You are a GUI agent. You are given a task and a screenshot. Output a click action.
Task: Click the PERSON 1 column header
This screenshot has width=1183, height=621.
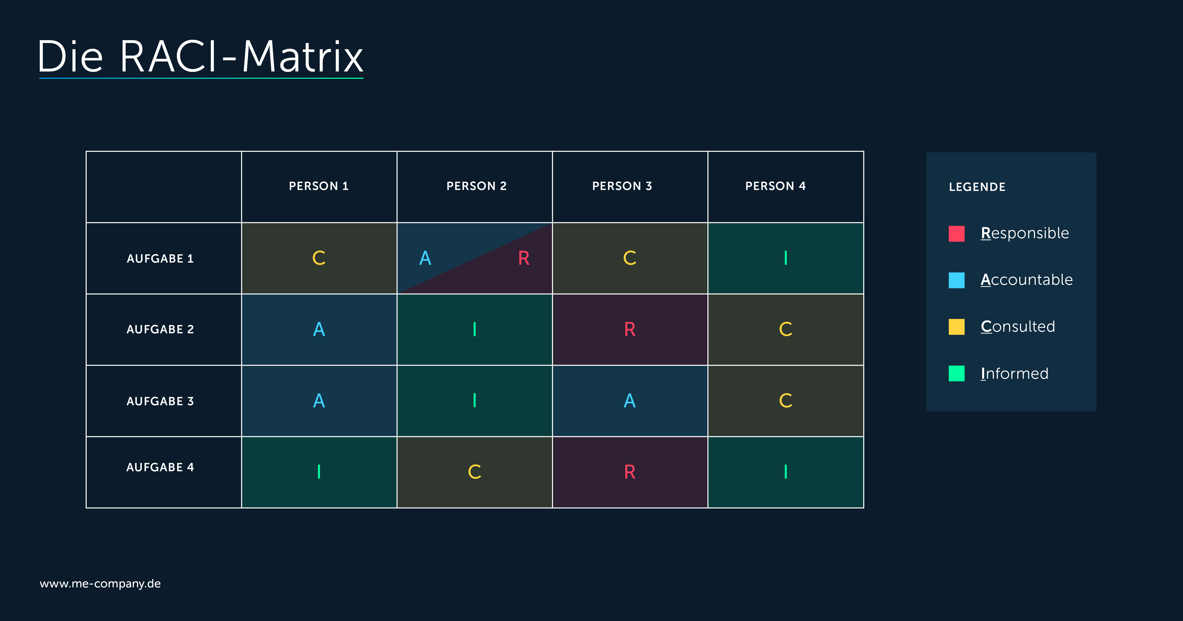tap(319, 186)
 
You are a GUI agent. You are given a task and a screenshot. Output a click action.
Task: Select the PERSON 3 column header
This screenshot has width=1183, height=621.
tap(622, 186)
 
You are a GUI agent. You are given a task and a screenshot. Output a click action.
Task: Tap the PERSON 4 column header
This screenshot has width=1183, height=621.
tap(776, 186)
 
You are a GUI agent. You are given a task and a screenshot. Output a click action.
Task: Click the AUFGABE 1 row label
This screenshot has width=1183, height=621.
tap(160, 259)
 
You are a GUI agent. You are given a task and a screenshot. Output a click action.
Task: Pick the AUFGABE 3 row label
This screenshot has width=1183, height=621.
tap(160, 401)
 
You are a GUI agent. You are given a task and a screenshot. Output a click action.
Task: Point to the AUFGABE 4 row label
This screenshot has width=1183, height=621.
tap(160, 467)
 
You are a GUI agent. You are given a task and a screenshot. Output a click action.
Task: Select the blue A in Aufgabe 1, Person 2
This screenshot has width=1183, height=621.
tap(425, 258)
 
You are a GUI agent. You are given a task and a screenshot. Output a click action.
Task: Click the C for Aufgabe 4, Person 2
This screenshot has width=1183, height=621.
tap(474, 472)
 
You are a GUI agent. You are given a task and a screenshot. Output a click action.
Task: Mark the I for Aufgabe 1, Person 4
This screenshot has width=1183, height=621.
tap(786, 258)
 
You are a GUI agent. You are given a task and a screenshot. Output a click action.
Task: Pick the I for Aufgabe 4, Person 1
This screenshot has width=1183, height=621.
tap(319, 472)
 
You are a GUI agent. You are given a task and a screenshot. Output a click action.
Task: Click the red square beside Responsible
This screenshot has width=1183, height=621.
tap(957, 233)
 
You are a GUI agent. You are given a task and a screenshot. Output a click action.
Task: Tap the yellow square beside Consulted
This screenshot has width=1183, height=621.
tap(957, 326)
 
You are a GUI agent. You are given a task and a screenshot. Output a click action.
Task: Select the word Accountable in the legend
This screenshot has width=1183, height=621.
tap(1027, 280)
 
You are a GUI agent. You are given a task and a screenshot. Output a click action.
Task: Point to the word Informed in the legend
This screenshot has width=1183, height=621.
tap(1015, 373)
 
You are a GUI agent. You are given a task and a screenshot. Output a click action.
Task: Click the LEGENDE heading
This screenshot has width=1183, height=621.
tap(977, 187)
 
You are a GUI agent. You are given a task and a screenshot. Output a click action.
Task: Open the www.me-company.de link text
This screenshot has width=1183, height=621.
tap(100, 584)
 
